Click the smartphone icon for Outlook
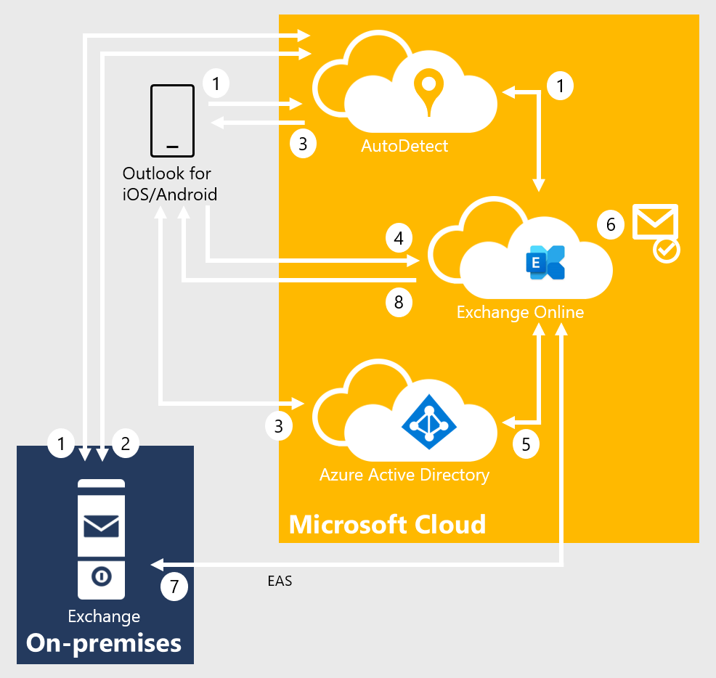[172, 121]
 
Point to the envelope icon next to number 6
[656, 221]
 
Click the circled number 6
[611, 225]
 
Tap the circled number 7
[174, 587]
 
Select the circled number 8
[399, 301]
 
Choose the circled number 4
[399, 237]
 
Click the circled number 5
[526, 444]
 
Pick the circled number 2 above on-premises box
[126, 443]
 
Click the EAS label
[280, 581]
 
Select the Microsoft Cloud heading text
[387, 523]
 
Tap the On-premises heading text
[104, 642]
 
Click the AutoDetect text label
[404, 146]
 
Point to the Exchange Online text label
[520, 312]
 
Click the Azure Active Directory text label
[404, 475]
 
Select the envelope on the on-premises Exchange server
[102, 525]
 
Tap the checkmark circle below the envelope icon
[666, 250]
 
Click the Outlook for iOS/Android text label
[170, 184]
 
